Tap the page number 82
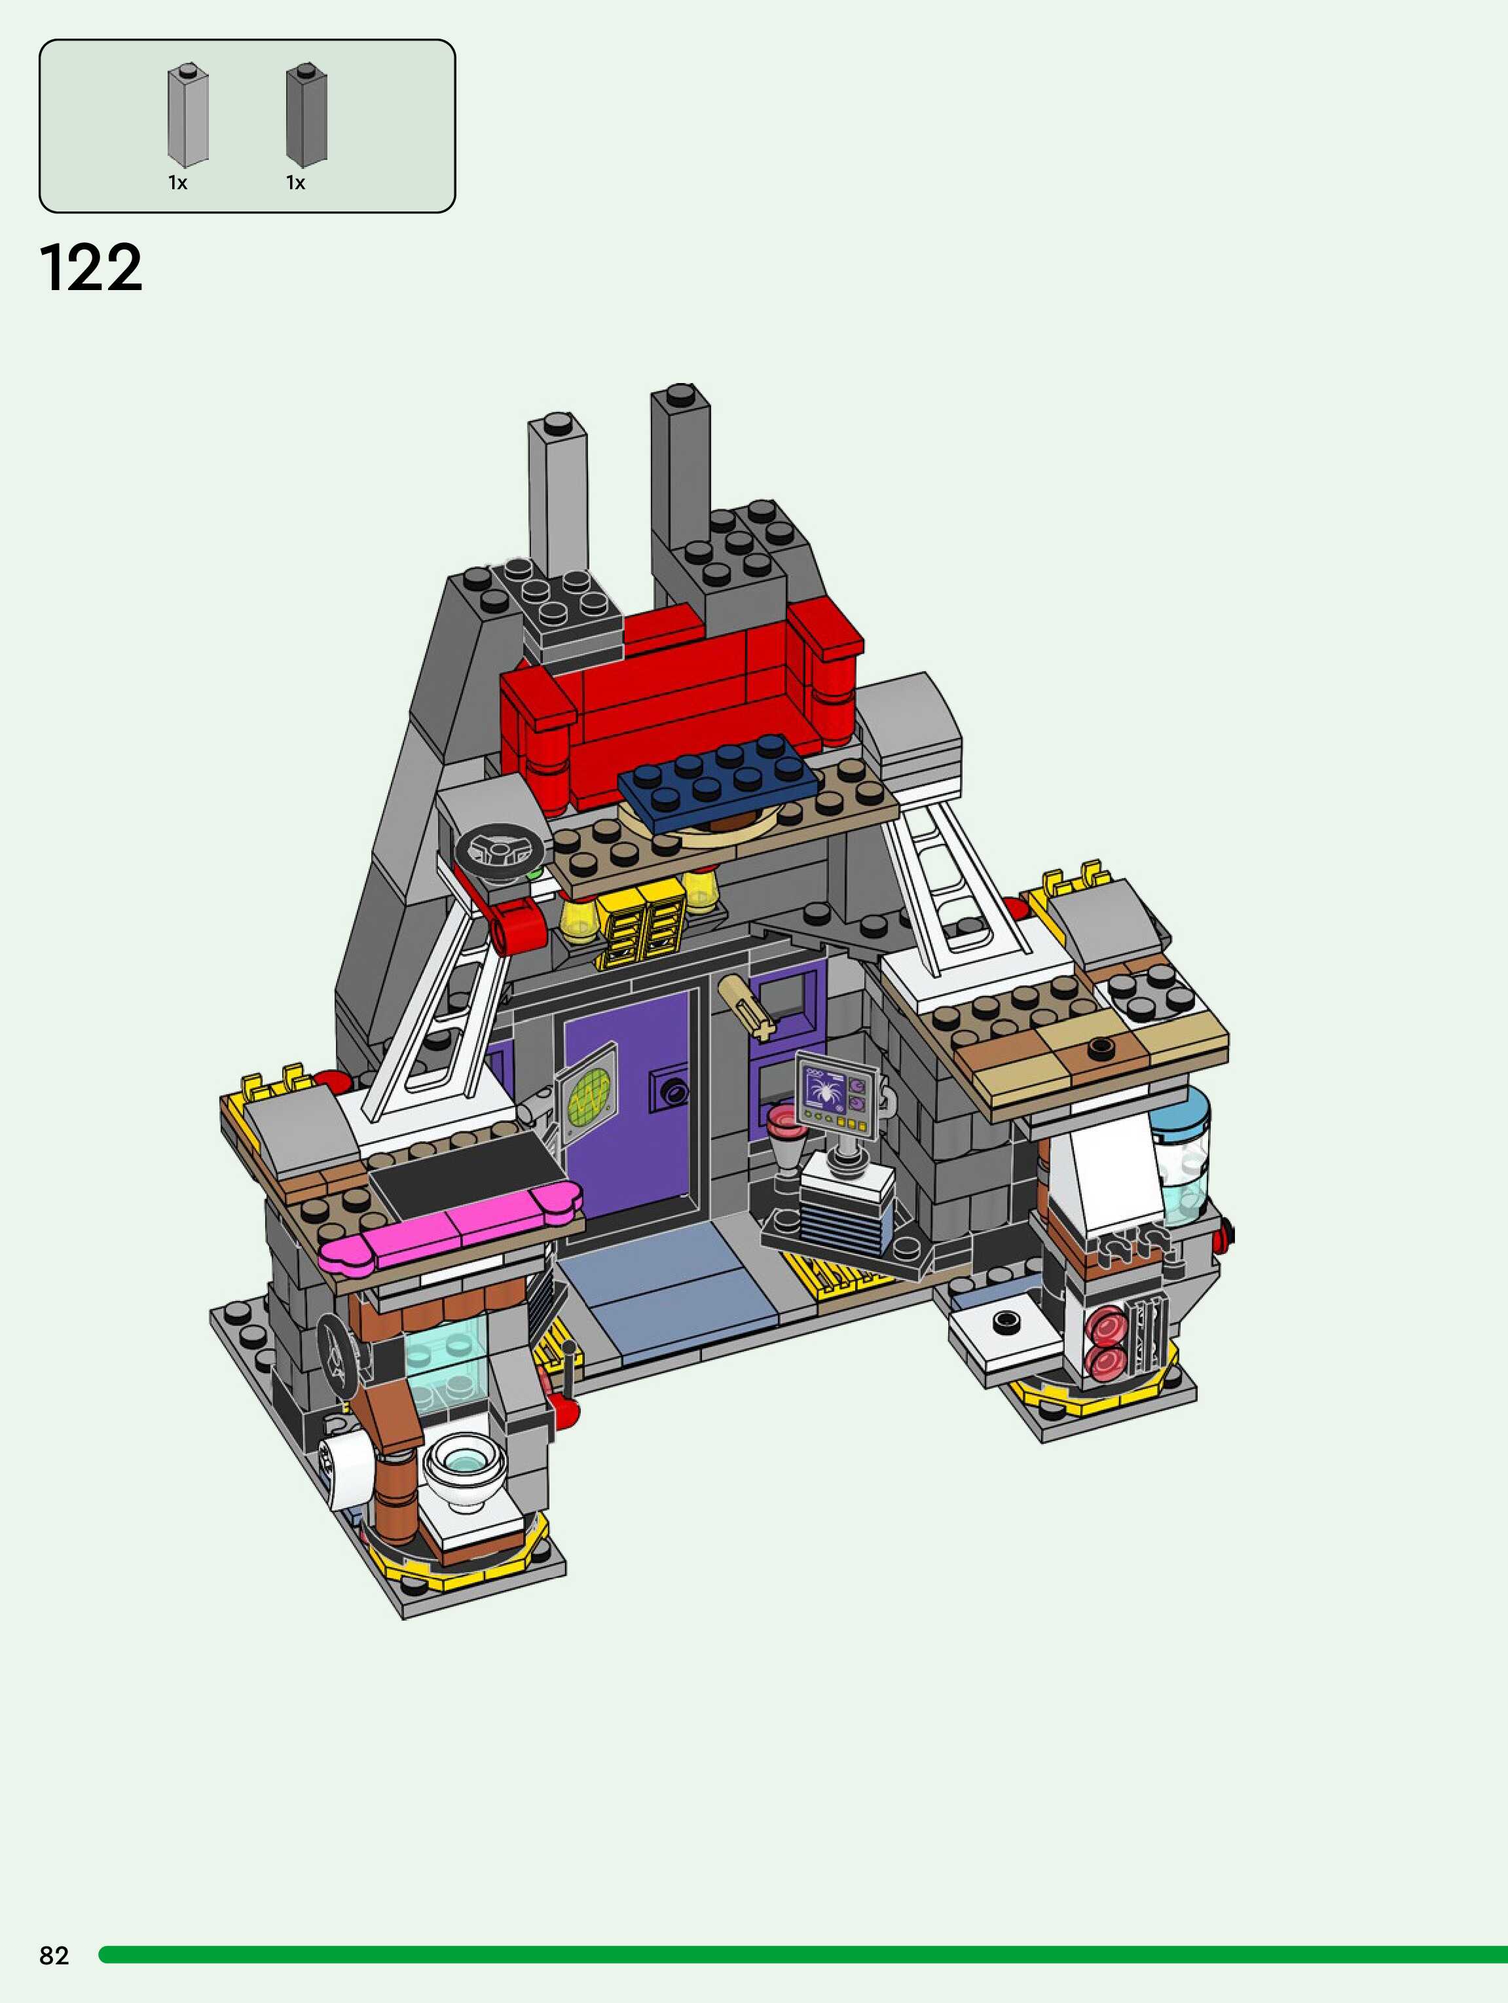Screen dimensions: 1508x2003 (54, 1955)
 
